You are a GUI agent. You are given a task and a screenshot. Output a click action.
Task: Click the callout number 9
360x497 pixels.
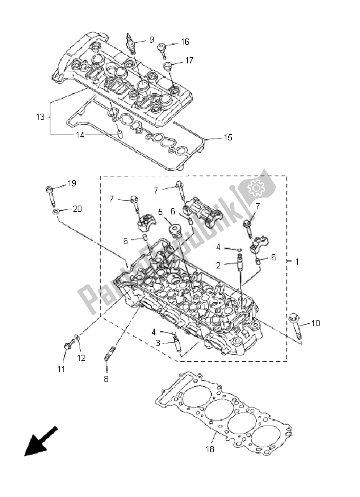point(151,40)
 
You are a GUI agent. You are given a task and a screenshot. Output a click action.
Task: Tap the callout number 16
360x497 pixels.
point(185,42)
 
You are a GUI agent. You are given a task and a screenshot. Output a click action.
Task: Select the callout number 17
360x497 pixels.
point(189,60)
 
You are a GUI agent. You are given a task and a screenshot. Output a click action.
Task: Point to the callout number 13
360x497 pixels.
point(40,117)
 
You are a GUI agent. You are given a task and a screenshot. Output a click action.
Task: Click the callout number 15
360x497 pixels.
point(228,137)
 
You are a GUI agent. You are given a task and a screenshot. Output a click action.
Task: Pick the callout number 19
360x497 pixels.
point(72,183)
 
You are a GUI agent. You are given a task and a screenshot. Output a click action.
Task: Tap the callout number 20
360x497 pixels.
point(77,209)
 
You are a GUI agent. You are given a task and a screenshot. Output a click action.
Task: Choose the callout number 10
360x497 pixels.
point(315,323)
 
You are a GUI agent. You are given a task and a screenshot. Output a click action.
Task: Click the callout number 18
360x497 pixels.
point(210,449)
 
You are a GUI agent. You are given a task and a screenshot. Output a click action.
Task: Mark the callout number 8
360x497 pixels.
point(106,378)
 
